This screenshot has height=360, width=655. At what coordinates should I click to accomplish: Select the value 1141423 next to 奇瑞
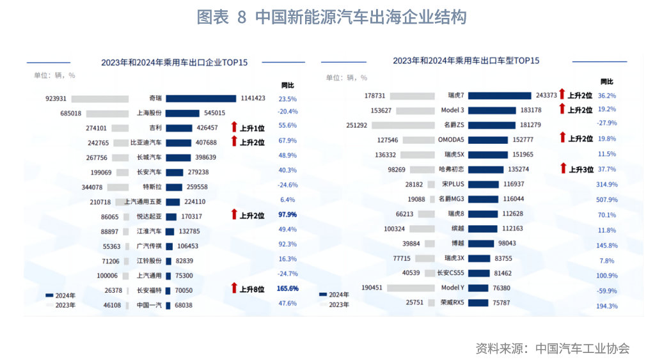click(253, 98)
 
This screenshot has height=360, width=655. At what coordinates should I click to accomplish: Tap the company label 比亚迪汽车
click(146, 143)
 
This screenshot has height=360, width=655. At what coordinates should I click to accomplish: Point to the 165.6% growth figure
click(288, 288)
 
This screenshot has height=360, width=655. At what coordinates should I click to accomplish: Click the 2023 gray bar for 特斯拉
click(118, 187)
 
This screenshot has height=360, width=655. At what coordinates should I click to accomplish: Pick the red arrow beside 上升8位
click(234, 288)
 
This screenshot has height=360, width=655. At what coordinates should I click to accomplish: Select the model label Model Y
click(452, 288)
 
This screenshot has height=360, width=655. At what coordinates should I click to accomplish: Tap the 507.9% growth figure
click(607, 200)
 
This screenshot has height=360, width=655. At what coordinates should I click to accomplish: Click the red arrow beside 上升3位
click(563, 169)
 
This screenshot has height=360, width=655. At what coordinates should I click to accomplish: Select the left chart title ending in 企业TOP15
click(174, 63)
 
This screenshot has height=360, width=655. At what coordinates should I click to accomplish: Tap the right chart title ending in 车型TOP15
click(466, 61)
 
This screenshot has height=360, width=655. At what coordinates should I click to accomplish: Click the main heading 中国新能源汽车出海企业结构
click(331, 17)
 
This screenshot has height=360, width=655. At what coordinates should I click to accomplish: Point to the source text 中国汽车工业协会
click(583, 348)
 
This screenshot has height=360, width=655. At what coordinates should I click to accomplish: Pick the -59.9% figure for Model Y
click(607, 291)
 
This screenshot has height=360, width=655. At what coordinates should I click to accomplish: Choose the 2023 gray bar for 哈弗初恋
click(422, 169)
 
